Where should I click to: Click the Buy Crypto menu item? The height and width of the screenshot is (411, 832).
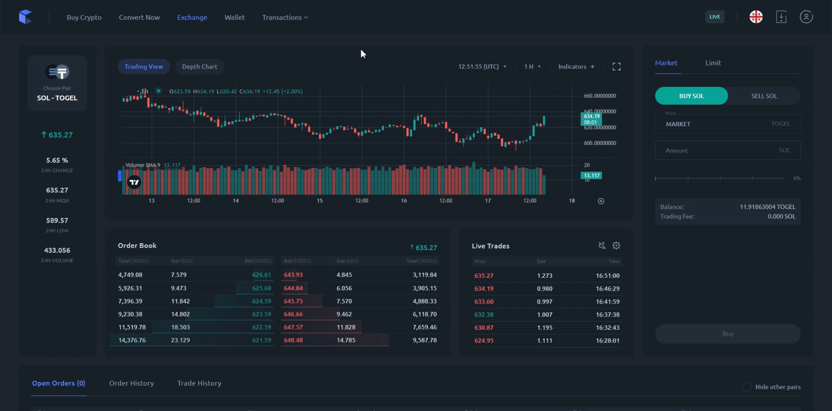(x=84, y=18)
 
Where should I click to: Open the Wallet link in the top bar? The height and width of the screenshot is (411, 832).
(x=234, y=18)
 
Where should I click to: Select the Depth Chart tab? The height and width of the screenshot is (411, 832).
(x=199, y=67)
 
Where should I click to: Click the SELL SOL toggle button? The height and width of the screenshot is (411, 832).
(x=764, y=96)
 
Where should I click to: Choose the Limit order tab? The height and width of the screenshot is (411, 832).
(x=713, y=63)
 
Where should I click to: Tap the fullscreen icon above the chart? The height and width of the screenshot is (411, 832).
(x=616, y=67)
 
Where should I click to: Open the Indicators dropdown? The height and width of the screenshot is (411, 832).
(x=576, y=67)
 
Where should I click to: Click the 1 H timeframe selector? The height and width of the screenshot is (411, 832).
(x=532, y=67)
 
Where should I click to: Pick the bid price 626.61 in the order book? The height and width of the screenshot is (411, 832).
(x=261, y=275)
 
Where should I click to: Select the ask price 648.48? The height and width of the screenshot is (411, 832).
(x=293, y=340)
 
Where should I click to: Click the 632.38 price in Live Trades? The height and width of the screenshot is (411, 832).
(x=484, y=315)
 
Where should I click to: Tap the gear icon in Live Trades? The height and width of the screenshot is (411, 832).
(x=616, y=245)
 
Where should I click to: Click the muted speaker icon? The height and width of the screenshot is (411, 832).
(x=602, y=245)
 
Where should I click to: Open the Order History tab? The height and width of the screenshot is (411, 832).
(x=131, y=383)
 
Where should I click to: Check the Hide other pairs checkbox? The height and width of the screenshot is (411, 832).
(x=746, y=387)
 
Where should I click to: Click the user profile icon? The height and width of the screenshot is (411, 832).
(x=806, y=17)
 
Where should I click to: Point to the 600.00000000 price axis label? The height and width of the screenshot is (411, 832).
(x=600, y=143)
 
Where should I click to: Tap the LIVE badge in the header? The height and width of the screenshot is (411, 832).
(x=714, y=17)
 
